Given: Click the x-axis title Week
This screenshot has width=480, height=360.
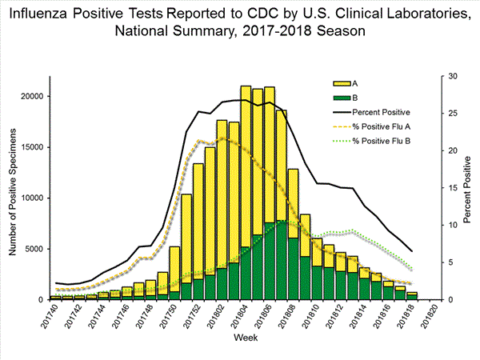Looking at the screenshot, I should [x=245, y=339].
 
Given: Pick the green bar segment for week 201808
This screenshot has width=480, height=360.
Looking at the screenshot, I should [x=293, y=268].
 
